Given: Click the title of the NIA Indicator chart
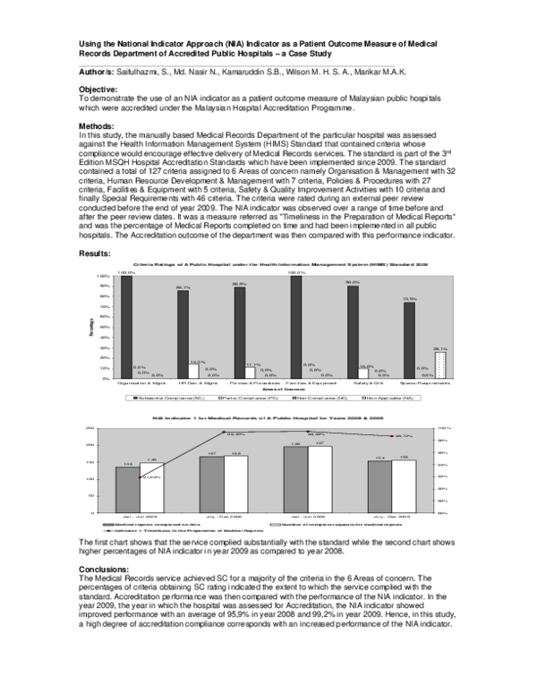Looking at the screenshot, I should click(268, 417).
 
